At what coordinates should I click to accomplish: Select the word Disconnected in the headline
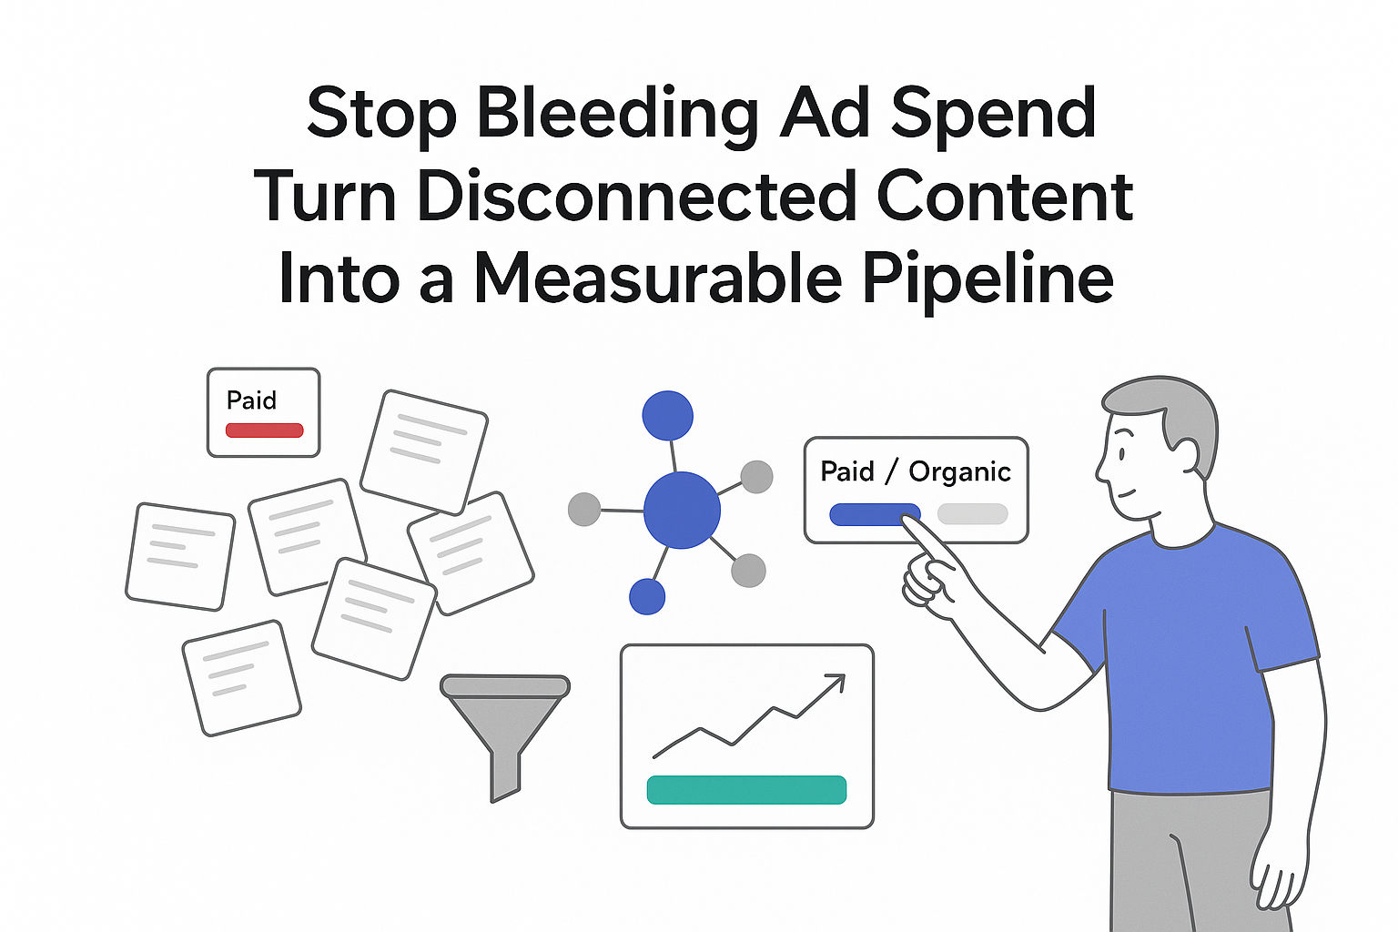(636, 196)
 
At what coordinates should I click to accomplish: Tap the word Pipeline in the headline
(987, 278)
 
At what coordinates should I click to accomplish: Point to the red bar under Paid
(264, 430)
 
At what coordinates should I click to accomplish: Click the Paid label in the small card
(251, 400)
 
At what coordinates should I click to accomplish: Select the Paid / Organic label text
(915, 471)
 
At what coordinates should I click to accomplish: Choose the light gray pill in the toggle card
(972, 514)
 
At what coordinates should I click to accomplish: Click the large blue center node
(682, 510)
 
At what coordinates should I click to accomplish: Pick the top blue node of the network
(667, 416)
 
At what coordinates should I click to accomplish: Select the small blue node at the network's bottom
(647, 597)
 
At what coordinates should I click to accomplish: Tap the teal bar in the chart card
(746, 789)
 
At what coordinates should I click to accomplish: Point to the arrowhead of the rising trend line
(836, 682)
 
